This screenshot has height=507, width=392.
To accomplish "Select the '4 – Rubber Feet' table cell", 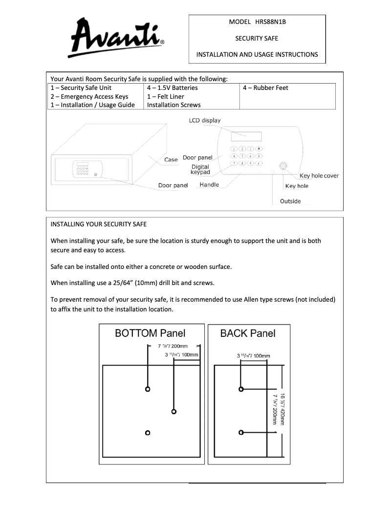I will [x=265, y=88].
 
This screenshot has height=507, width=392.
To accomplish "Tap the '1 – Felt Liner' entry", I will [x=166, y=96].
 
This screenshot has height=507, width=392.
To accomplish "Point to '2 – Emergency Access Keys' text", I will [x=89, y=96].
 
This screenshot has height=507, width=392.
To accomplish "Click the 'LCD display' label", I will [x=205, y=120].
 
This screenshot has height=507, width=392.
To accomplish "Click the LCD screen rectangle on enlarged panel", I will [x=246, y=136].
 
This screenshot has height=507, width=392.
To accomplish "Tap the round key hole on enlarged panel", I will [x=283, y=166].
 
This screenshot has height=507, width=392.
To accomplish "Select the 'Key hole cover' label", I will [x=319, y=176].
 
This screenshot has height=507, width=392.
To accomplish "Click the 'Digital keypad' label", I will [x=200, y=170].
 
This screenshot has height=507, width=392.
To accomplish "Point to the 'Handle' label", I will [x=209, y=185].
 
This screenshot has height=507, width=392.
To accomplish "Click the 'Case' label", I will [x=171, y=160].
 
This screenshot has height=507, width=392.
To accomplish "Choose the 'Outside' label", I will [x=290, y=201].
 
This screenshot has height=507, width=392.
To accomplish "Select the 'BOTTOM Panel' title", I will [x=150, y=333].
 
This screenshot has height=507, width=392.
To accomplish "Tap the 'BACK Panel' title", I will [x=248, y=333].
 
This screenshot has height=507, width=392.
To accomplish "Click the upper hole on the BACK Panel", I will [x=241, y=389].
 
